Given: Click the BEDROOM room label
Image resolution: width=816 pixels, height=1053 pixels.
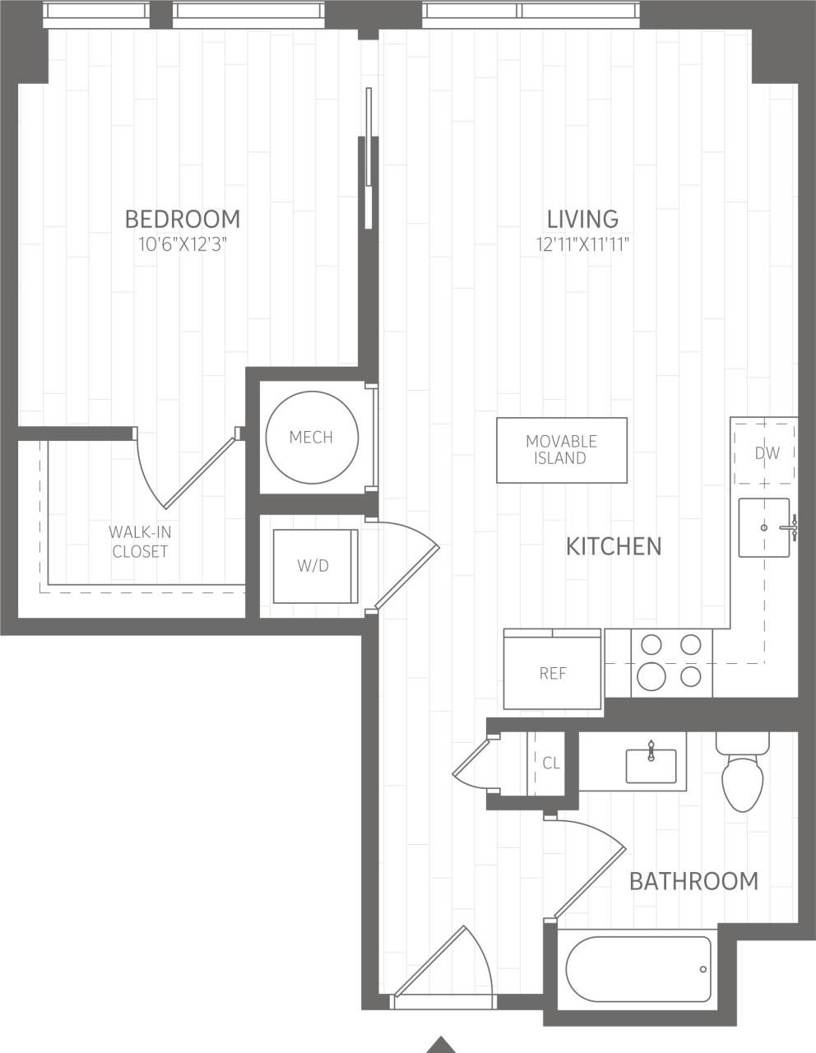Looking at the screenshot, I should click(x=183, y=219).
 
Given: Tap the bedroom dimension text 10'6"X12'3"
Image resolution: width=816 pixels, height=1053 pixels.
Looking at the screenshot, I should click(x=183, y=244).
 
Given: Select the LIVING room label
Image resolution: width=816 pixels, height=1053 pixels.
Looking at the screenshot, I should click(x=582, y=219).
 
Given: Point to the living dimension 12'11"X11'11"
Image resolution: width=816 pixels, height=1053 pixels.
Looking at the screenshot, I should click(x=582, y=244).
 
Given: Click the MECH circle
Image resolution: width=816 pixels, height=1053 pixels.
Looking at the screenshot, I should click(x=312, y=437).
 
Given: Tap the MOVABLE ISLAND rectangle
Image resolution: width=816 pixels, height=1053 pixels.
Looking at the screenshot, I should click(x=561, y=450).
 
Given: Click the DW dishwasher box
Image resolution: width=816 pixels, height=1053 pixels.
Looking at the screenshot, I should click(x=764, y=452).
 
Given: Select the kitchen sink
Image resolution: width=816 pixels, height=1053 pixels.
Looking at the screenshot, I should click(x=763, y=527).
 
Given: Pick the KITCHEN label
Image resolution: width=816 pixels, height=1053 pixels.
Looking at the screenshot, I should click(x=614, y=546).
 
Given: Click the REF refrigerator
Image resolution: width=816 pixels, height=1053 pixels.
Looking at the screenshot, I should click(x=553, y=672).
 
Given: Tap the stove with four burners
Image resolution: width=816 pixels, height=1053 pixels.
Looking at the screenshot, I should click(x=671, y=662).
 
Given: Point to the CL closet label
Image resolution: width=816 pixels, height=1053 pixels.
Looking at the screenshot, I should click(x=551, y=763).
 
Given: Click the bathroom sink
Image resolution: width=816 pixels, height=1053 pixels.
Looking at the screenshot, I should click(x=651, y=765).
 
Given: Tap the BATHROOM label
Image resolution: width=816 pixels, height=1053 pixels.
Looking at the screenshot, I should click(x=693, y=881).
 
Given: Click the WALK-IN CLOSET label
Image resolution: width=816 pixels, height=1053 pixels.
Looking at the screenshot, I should click(x=141, y=542).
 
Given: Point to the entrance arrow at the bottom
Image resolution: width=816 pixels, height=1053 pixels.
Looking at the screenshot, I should click(x=443, y=1044).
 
